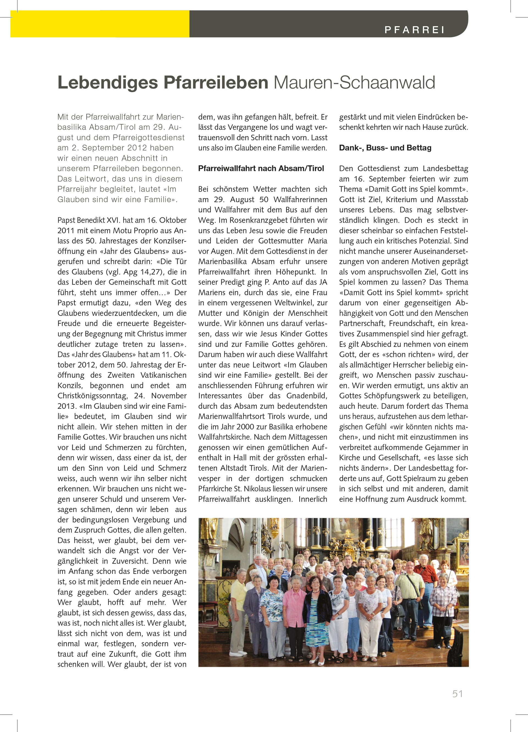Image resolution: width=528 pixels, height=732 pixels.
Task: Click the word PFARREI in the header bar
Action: [414, 30]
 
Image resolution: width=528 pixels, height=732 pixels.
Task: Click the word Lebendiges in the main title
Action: [108, 83]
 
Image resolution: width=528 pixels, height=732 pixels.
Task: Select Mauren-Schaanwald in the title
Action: [354, 83]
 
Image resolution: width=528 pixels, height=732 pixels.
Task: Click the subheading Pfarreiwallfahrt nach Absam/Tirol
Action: [261, 169]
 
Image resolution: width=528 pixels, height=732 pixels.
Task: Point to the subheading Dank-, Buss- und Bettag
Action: [385, 148]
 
